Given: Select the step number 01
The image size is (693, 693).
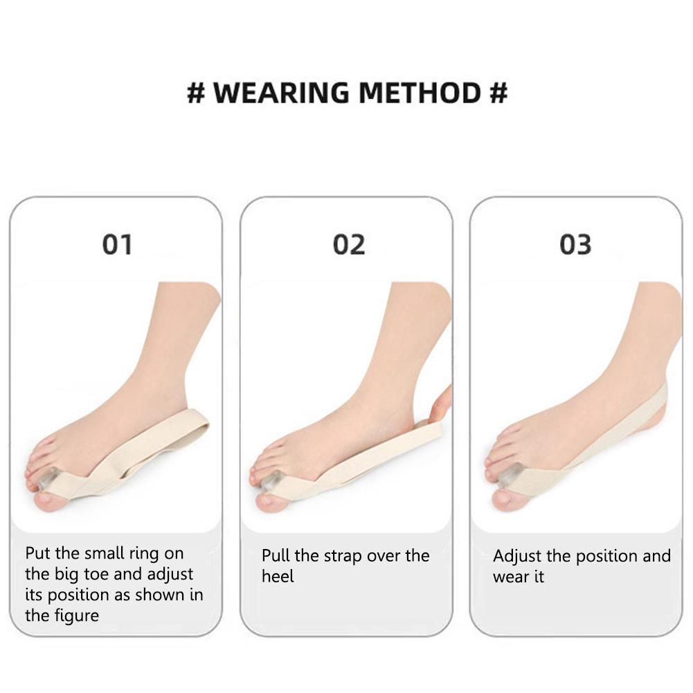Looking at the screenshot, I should click(x=117, y=244).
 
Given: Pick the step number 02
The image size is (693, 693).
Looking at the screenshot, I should click(x=348, y=244).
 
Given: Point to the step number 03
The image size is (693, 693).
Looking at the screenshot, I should click(x=576, y=244).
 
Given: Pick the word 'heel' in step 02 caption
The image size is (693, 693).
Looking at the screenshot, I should click(x=278, y=576).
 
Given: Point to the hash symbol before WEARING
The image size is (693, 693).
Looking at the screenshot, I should click(x=196, y=93).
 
